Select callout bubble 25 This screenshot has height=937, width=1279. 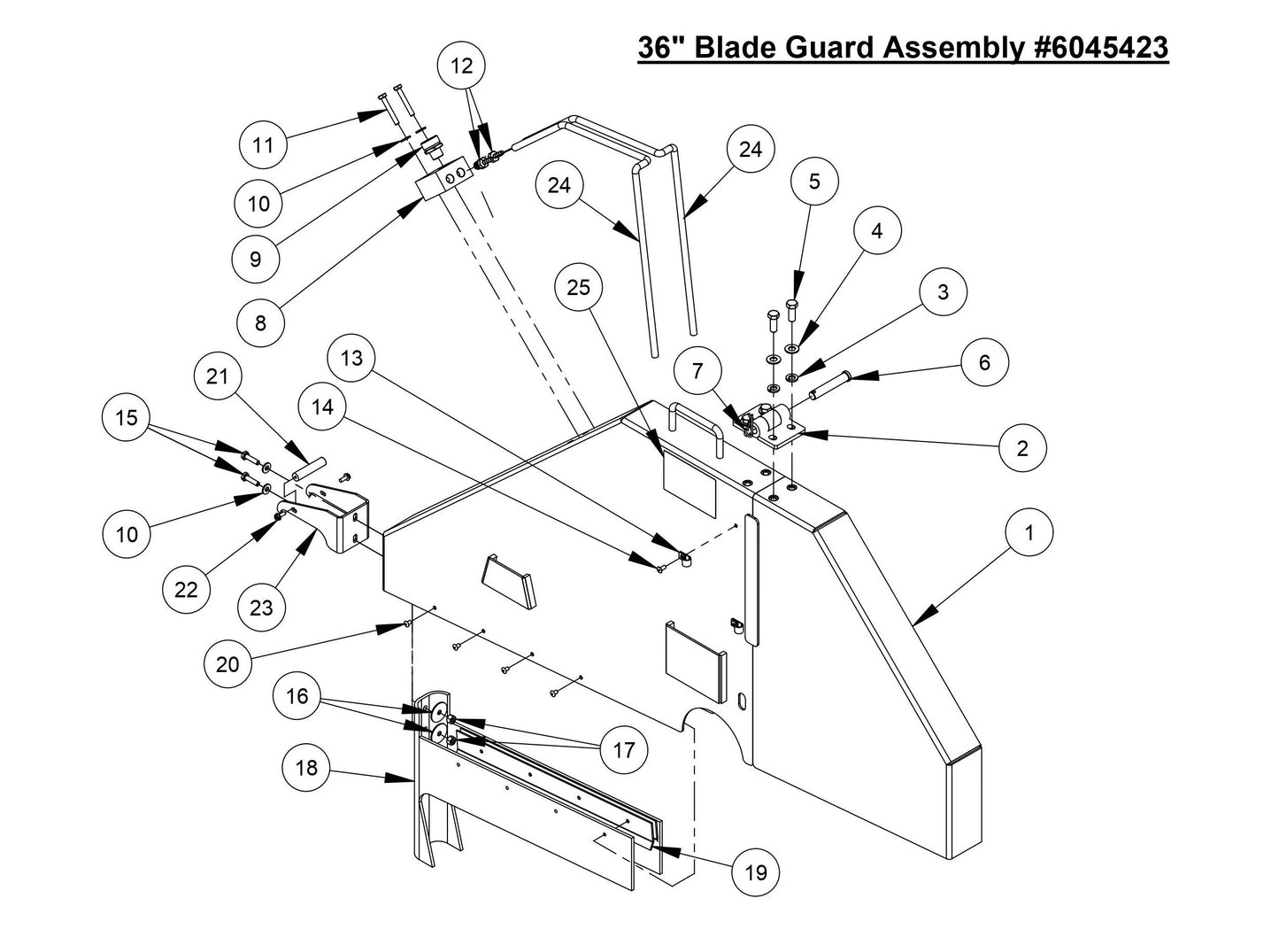coord(578,288)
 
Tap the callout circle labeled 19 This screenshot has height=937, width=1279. coord(755,873)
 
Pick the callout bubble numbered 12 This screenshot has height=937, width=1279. coord(462,66)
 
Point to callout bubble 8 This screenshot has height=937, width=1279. coord(260,322)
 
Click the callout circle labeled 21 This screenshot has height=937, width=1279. coord(218,376)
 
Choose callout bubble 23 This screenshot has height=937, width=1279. coord(261,608)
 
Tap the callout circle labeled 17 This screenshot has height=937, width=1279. coord(624,750)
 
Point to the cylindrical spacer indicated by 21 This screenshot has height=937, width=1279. coord(312,470)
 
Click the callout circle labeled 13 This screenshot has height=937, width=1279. coord(351,359)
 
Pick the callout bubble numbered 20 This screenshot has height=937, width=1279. coord(227,663)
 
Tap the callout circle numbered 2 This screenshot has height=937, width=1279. coord(1022,448)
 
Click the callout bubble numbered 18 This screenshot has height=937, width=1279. coord(305,767)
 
